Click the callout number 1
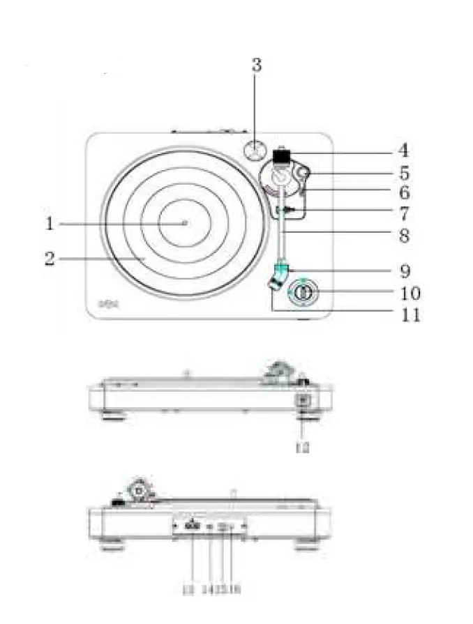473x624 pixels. pos(50,224)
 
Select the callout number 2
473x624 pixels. pos(50,259)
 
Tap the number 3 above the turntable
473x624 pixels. pos(257,65)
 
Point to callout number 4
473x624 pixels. pos(403,150)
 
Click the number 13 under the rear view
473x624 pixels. pos(189,590)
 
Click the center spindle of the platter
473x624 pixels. pos(185,223)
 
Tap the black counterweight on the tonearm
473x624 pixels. pos(281,157)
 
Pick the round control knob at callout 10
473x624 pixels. pos(301,294)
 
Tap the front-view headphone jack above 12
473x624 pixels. pos(303,402)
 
